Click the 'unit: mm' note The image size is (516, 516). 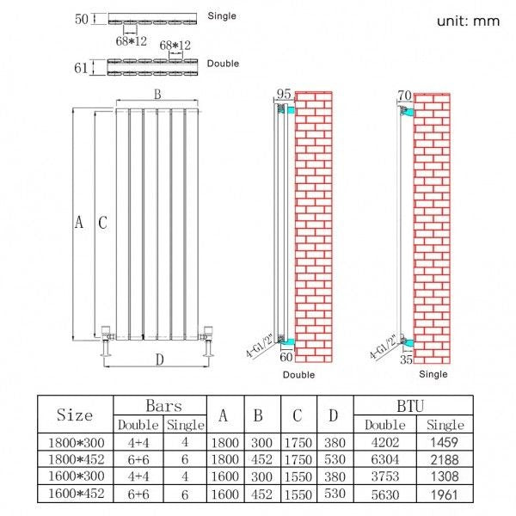click(x=468, y=21)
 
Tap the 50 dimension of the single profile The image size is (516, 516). click(x=82, y=19)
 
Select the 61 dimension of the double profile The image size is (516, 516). click(x=81, y=68)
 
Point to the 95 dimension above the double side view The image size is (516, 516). click(x=284, y=94)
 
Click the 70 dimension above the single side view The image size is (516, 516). click(x=404, y=95)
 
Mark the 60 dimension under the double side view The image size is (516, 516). click(x=286, y=357)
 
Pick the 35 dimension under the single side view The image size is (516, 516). click(x=407, y=359)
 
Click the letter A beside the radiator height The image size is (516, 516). click(x=79, y=222)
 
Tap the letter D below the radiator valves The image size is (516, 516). click(x=160, y=359)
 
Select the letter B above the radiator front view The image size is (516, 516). click(x=157, y=95)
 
